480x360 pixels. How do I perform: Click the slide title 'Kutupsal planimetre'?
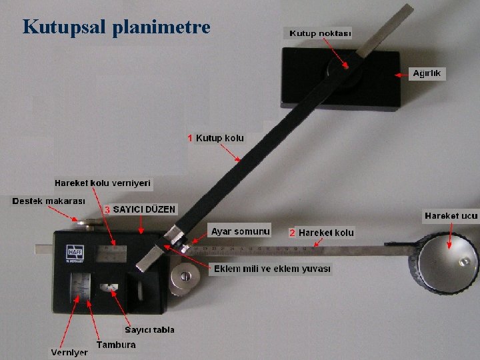[116, 27]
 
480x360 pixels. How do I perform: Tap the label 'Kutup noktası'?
[320, 33]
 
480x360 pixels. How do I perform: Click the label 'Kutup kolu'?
[220, 138]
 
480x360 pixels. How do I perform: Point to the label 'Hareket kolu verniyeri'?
[103, 183]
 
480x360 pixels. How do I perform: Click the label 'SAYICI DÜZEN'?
[145, 209]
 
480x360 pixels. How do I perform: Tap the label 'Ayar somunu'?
[241, 231]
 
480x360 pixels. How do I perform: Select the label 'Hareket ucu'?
[451, 215]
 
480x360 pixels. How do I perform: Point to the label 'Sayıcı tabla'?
[150, 329]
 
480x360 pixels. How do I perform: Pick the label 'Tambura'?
[116, 345]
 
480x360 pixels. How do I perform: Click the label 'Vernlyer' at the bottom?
[69, 352]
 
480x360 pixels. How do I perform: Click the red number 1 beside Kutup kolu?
[190, 138]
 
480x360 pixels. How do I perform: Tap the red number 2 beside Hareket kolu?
[292, 233]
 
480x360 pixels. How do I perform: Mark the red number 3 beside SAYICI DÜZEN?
[107, 209]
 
